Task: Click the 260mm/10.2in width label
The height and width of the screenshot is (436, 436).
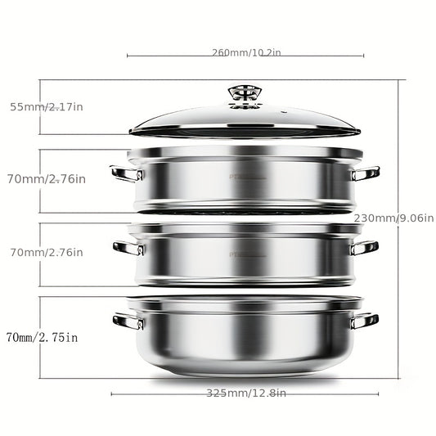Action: pos(246,52)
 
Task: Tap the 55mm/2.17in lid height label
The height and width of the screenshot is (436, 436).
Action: pos(47,107)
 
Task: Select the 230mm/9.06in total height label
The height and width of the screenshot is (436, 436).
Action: pos(393,218)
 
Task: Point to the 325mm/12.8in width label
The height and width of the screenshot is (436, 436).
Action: pos(246,393)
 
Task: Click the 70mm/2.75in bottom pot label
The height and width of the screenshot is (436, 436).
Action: pos(42,337)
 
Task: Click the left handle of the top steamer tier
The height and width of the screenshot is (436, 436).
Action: pos(127,173)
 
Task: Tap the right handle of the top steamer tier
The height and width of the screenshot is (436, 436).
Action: pos(365,173)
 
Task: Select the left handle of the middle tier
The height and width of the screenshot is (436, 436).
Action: pos(128,248)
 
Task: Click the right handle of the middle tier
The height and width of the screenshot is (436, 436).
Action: pos(364,248)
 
